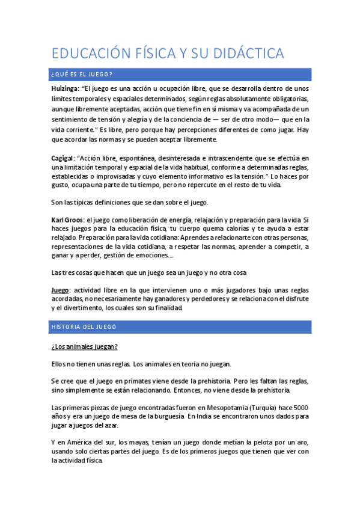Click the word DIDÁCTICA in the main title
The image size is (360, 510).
pos(248,54)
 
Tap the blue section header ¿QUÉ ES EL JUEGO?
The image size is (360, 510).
pos(82,75)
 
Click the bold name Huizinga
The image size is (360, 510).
pos(66,88)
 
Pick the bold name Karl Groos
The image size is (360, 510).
pos(67,221)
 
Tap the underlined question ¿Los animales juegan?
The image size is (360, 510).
pos(84,347)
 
